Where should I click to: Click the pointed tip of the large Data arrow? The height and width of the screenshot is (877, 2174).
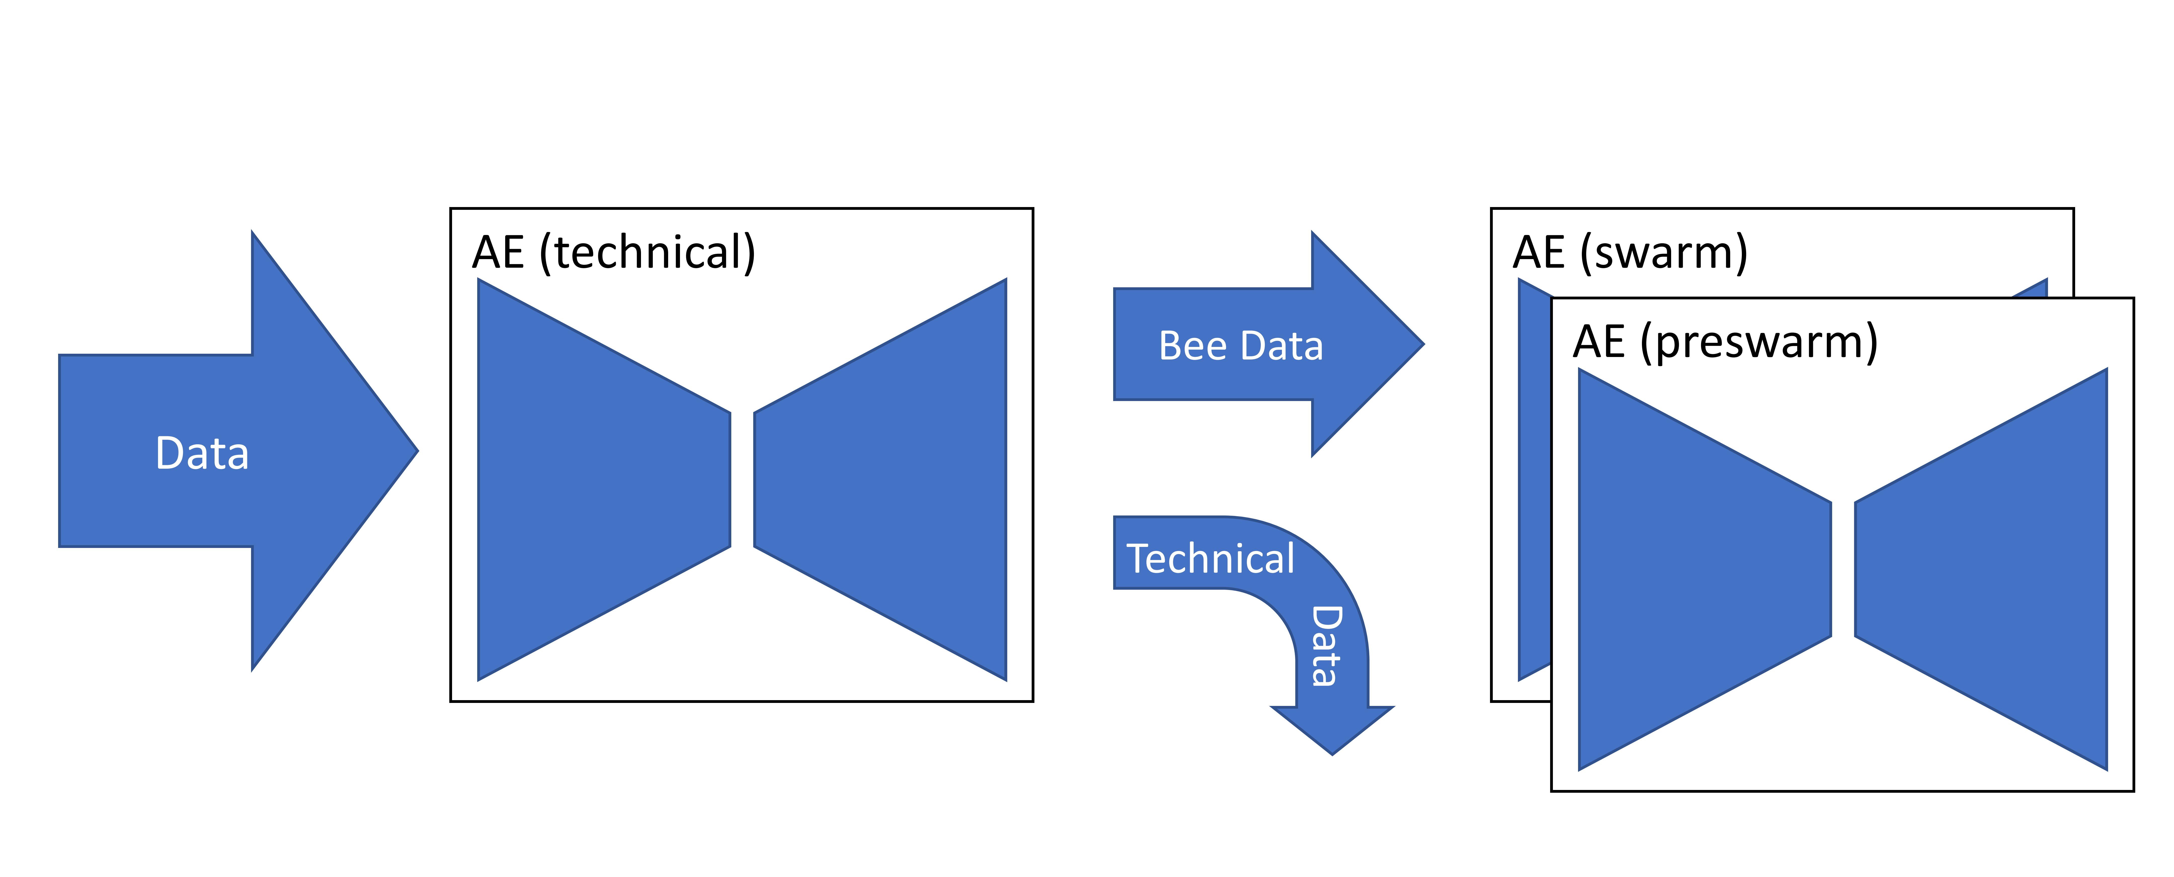[x=418, y=451]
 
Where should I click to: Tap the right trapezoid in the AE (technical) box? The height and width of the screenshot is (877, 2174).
[x=880, y=480]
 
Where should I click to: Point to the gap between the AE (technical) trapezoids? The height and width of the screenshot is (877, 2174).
[x=742, y=480]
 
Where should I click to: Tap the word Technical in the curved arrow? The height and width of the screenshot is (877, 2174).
[x=1210, y=559]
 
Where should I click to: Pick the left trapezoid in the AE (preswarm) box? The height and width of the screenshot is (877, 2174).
[x=1705, y=569]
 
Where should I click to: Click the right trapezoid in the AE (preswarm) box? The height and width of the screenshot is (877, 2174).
[x=1981, y=569]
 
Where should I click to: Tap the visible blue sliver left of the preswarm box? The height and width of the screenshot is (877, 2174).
[x=1534, y=481]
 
